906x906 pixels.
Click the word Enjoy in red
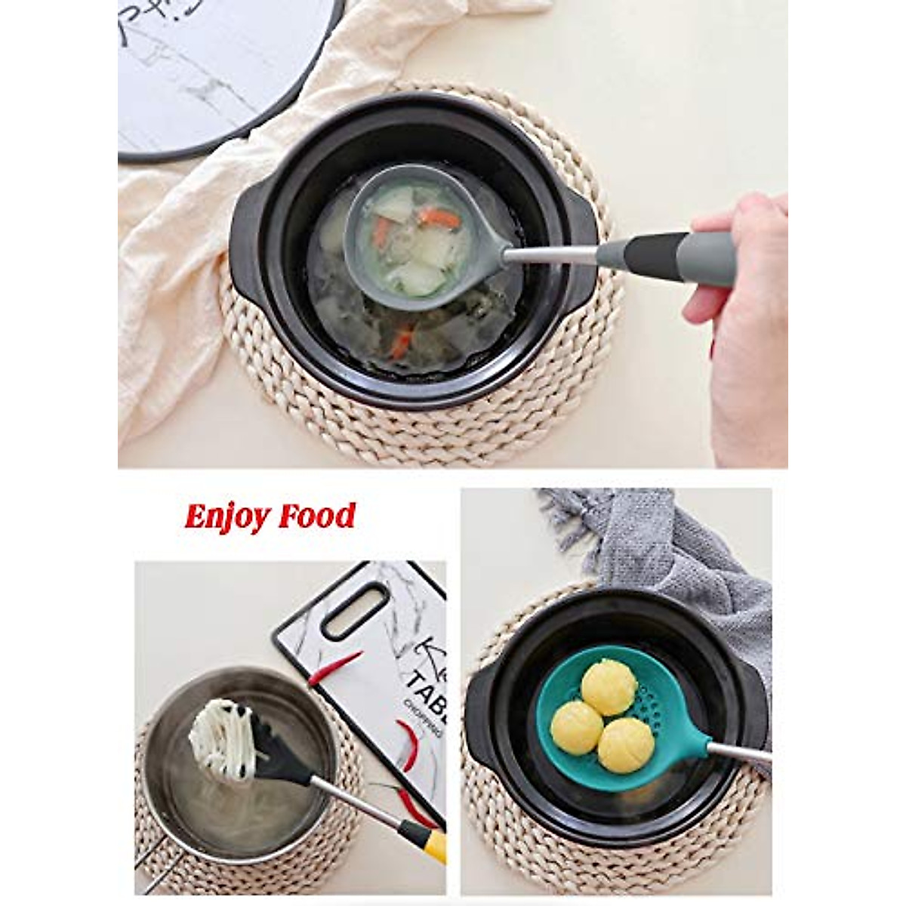coord(227,517)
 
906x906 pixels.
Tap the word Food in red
coord(316,516)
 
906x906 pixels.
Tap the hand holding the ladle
coord(744,317)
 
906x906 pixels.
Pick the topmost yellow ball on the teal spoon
coord(609,686)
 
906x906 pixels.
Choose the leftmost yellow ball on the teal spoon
coord(576,727)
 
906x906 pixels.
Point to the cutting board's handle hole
coord(355,611)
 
